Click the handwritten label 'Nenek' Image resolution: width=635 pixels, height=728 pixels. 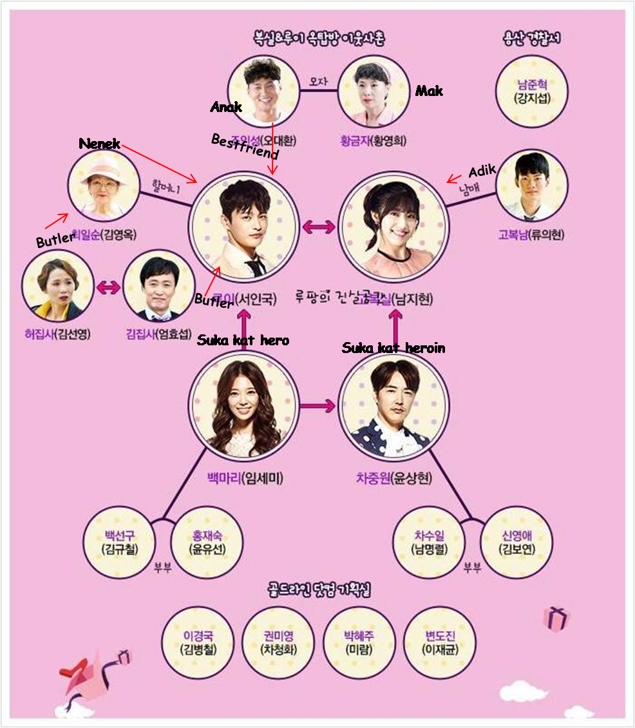click(99, 143)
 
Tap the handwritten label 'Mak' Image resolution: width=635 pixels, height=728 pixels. click(429, 91)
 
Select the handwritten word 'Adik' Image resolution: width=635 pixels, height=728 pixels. click(481, 171)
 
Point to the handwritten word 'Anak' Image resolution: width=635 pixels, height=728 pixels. click(226, 107)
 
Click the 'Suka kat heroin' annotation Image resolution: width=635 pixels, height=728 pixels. click(393, 348)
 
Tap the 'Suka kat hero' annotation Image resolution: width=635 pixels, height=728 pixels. click(243, 340)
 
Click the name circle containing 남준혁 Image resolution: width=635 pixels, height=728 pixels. click(532, 91)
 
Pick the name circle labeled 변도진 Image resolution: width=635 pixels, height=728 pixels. click(441, 642)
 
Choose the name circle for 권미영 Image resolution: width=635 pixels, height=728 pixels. click(279, 642)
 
